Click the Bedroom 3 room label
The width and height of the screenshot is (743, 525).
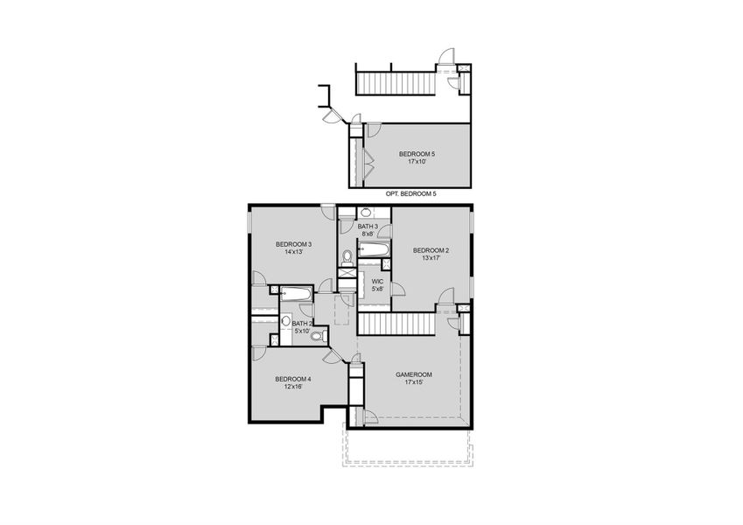pyautogui.click(x=293, y=243)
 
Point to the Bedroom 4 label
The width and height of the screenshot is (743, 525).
pyautogui.click(x=293, y=379)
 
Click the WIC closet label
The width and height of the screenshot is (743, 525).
pyautogui.click(x=377, y=281)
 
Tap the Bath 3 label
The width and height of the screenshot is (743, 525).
pyautogui.click(x=368, y=227)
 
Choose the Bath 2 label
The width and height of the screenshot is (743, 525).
pyautogui.click(x=301, y=323)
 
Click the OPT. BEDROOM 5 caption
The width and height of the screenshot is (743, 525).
pyautogui.click(x=410, y=193)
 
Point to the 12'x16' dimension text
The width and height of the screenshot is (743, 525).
pyautogui.click(x=293, y=387)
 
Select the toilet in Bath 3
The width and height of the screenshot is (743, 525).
pyautogui.click(x=347, y=256)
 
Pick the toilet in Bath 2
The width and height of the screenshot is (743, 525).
pyautogui.click(x=317, y=335)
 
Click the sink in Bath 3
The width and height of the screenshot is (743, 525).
pyautogui.click(x=365, y=213)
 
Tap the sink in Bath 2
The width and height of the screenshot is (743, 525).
pyautogui.click(x=285, y=321)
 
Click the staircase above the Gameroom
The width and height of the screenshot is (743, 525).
pyautogui.click(x=397, y=324)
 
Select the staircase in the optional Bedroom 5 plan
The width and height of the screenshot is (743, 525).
pyautogui.click(x=395, y=82)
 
